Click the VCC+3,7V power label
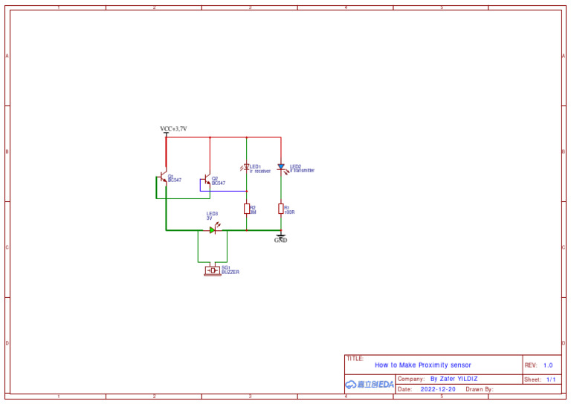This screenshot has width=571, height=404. tap(173, 128)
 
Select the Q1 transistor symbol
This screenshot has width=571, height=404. tap(164, 179)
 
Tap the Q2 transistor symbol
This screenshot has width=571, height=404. tap(207, 180)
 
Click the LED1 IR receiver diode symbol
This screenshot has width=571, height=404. tap(246, 168)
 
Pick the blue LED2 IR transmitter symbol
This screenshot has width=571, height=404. tap(281, 168)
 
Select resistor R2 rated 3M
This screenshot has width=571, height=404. tap(246, 209)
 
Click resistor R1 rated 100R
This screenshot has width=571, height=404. tap(281, 209)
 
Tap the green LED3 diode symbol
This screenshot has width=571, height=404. tap(213, 230)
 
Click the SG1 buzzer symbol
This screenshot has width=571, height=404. tap(213, 271)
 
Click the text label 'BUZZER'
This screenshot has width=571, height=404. tap(230, 273)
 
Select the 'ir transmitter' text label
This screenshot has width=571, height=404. tap(303, 171)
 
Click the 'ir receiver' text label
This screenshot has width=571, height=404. tap(260, 172)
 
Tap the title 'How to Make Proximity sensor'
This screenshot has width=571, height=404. tap(422, 365)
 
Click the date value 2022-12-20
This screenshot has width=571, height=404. tap(438, 389)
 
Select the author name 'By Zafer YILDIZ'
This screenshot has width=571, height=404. tap(454, 379)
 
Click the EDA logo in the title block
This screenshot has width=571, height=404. tap(370, 385)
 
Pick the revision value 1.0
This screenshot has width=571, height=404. tap(548, 365)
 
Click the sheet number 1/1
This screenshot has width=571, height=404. tap(551, 379)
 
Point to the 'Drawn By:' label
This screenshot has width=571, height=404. tap(480, 389)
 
